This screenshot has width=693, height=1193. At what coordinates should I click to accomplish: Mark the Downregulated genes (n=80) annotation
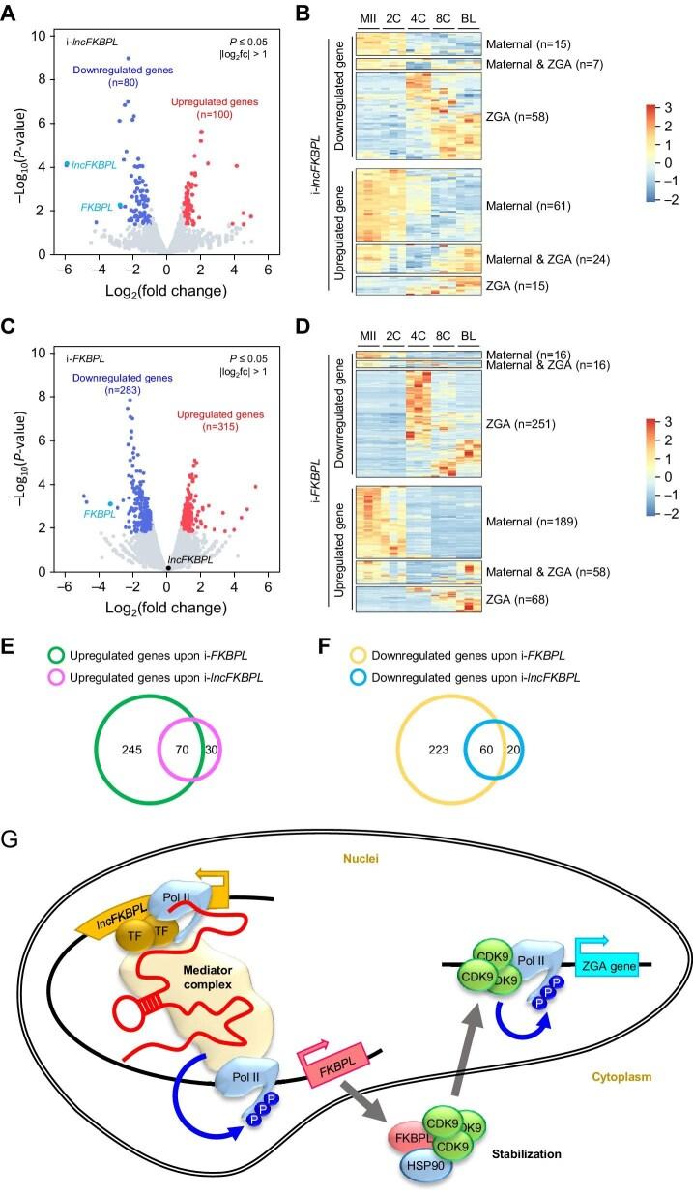pos(115,77)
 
